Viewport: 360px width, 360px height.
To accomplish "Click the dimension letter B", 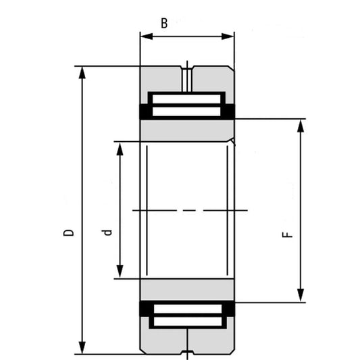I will (163, 24).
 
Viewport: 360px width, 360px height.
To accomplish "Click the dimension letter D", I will (68, 233).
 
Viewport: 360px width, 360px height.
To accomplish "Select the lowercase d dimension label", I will (106, 233).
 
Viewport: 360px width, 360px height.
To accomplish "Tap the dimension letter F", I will (288, 235).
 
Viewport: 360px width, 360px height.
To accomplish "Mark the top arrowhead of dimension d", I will (120, 147).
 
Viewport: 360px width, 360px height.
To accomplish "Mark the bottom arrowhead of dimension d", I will (120, 273).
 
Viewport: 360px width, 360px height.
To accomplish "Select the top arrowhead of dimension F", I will (301, 124).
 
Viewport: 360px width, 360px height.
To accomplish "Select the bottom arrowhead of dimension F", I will (301, 297).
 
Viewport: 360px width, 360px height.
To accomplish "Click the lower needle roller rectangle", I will (187, 315).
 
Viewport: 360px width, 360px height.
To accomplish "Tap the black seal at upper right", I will (230, 111).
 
